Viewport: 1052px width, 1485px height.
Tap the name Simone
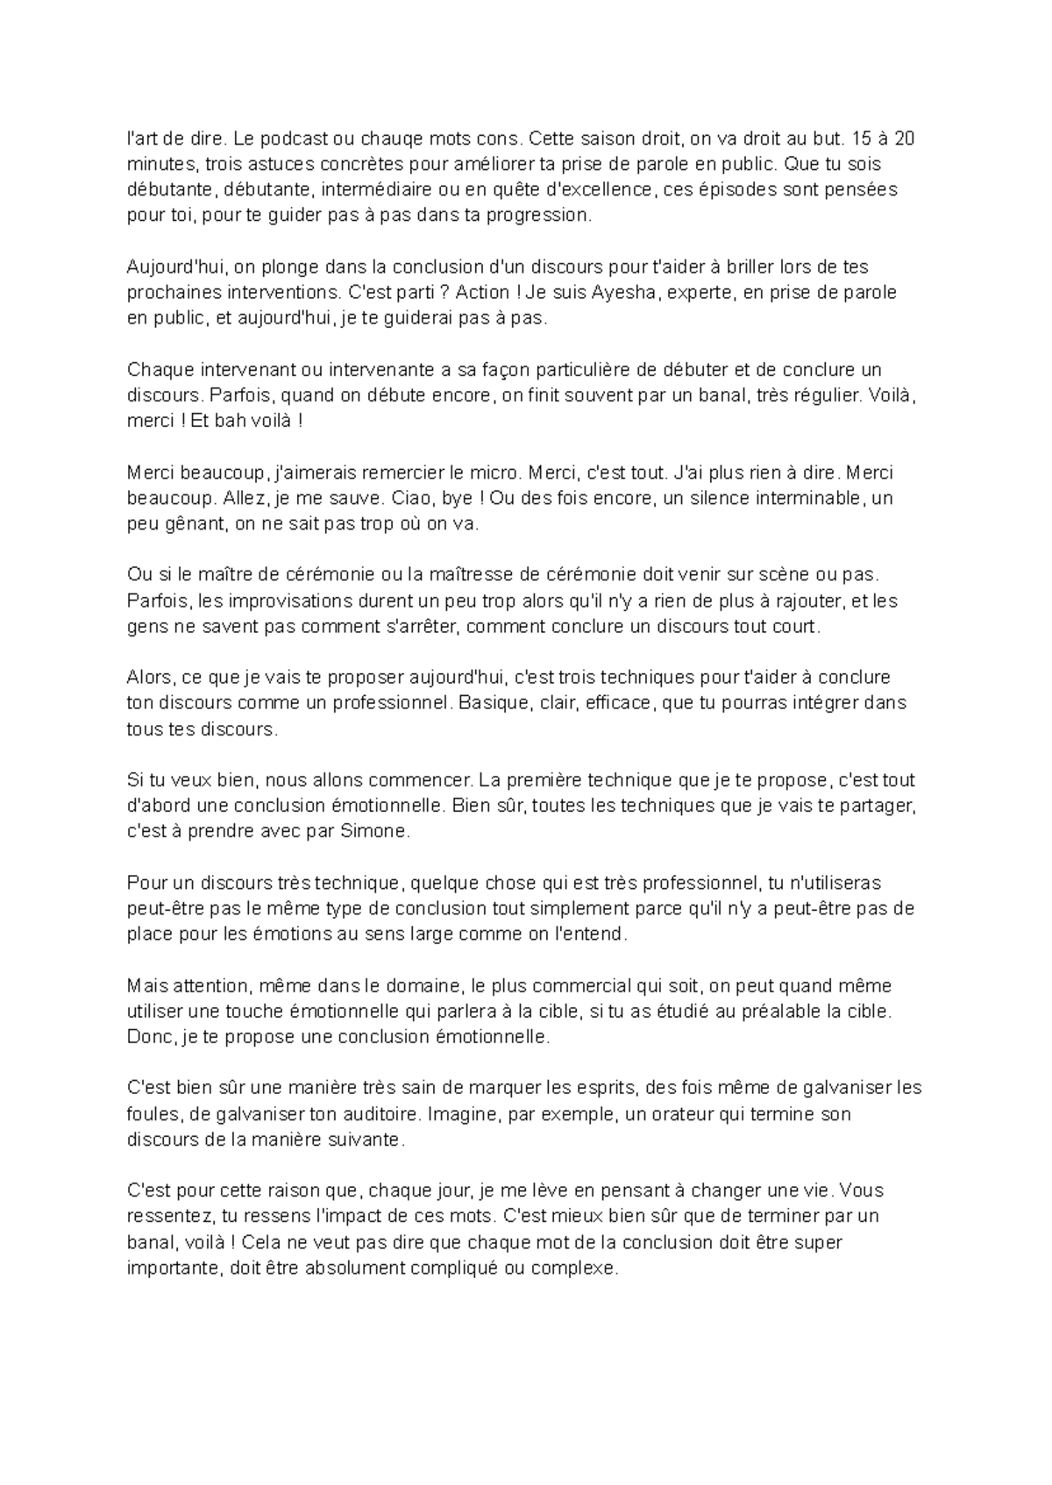[379, 832]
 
